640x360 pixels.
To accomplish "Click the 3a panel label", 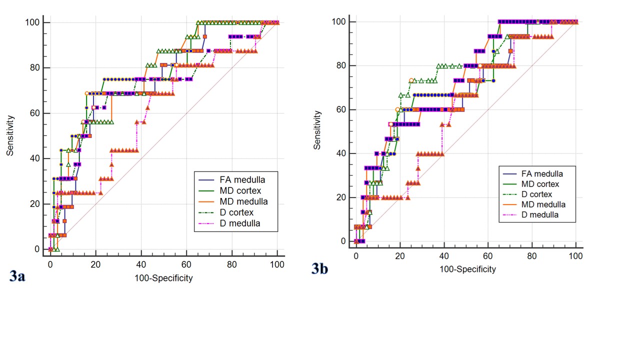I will coord(17,276).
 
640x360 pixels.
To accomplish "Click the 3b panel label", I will coord(320,268).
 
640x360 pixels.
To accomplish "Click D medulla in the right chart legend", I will coord(540,215).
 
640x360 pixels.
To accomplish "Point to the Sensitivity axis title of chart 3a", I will coord(10,135).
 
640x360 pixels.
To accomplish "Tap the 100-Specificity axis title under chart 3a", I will coord(163,278).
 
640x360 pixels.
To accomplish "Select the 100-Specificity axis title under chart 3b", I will coord(467,269).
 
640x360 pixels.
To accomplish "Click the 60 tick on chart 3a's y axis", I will coord(36,113).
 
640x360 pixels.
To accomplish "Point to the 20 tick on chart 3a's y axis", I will coord(36,204).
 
